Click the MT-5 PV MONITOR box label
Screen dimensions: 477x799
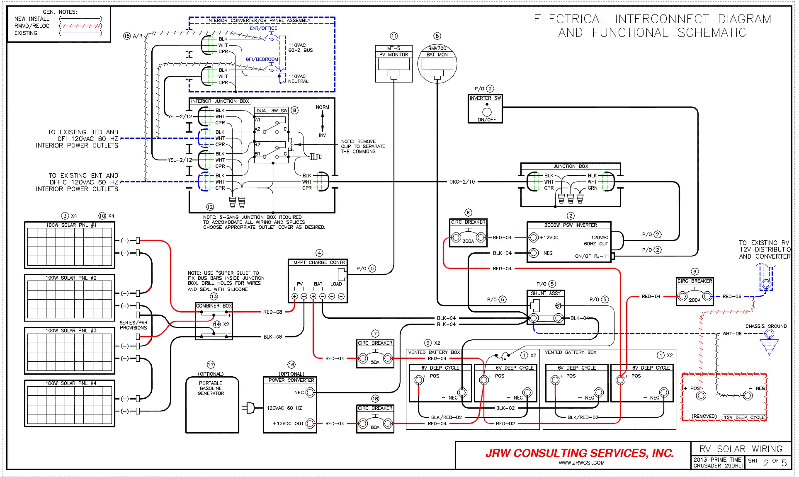coord(393,51)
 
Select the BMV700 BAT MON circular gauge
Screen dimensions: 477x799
coord(437,65)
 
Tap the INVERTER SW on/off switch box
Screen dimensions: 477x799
coord(486,109)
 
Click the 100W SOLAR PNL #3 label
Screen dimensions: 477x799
coord(71,330)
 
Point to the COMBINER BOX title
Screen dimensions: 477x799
coord(214,306)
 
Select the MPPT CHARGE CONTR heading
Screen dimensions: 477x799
coord(319,262)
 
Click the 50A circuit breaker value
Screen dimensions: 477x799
coord(375,362)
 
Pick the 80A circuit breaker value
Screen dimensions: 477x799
coord(375,427)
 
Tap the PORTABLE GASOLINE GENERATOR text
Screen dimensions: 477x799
coord(211,388)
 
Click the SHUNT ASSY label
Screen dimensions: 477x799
coord(545,293)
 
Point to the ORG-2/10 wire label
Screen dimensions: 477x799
coord(462,182)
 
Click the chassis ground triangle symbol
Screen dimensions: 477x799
coord(769,346)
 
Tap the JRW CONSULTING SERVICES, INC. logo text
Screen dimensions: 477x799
coord(579,453)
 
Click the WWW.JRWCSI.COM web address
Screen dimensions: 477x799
coord(581,463)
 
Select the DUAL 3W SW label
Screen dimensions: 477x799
coord(272,111)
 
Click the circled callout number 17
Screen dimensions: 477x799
coord(211,365)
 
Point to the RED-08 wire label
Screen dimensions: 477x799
coord(272,312)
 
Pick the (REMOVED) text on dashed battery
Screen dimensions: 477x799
coord(704,416)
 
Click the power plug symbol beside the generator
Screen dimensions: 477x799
coord(249,408)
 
